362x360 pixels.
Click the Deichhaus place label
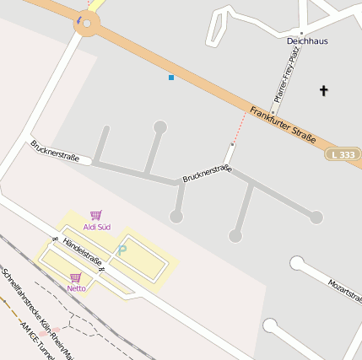pos(307,40)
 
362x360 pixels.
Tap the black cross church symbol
pos(323,89)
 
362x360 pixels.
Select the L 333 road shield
pos(343,155)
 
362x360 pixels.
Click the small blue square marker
pos(171,78)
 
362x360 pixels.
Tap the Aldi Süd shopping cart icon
pos(96,216)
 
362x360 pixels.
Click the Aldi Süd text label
pos(97,227)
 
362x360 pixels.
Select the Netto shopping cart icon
pos(76,277)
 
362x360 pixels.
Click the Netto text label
pos(76,288)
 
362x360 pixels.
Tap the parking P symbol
pos(122,250)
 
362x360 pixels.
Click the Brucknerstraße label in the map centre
pos(207,175)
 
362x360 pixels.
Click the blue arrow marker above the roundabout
pos(79,19)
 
